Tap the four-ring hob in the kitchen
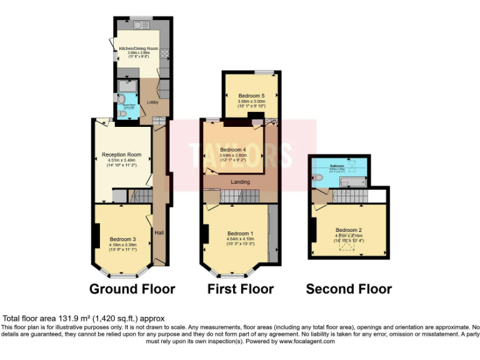pos(164,53)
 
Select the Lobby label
pos(152,102)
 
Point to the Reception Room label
pos(121,154)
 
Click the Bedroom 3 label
pos(122,239)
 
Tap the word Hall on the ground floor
pos(159,232)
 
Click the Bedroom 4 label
pos(232,150)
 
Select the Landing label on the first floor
pos(241,182)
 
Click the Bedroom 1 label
pos(241,232)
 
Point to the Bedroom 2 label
pos(349,229)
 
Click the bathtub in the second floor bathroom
pos(353,181)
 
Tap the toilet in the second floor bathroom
pos(318,178)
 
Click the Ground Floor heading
pos(132,289)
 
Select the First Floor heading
pos(241,289)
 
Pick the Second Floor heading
pos(349,289)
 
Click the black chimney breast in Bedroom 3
pos(96,235)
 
